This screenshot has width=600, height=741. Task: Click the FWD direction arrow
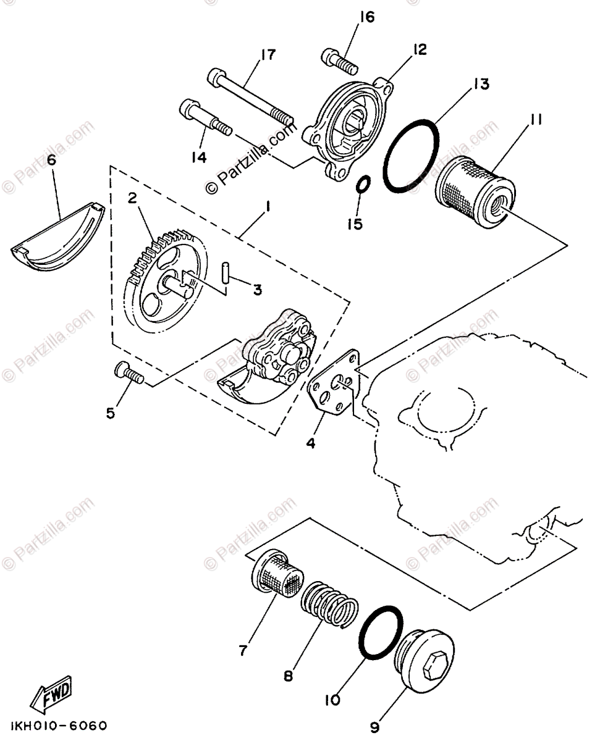[54, 691]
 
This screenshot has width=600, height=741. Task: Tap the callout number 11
[535, 120]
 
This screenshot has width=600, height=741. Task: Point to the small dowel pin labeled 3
[226, 272]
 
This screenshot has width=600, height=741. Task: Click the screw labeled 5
[129, 374]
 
